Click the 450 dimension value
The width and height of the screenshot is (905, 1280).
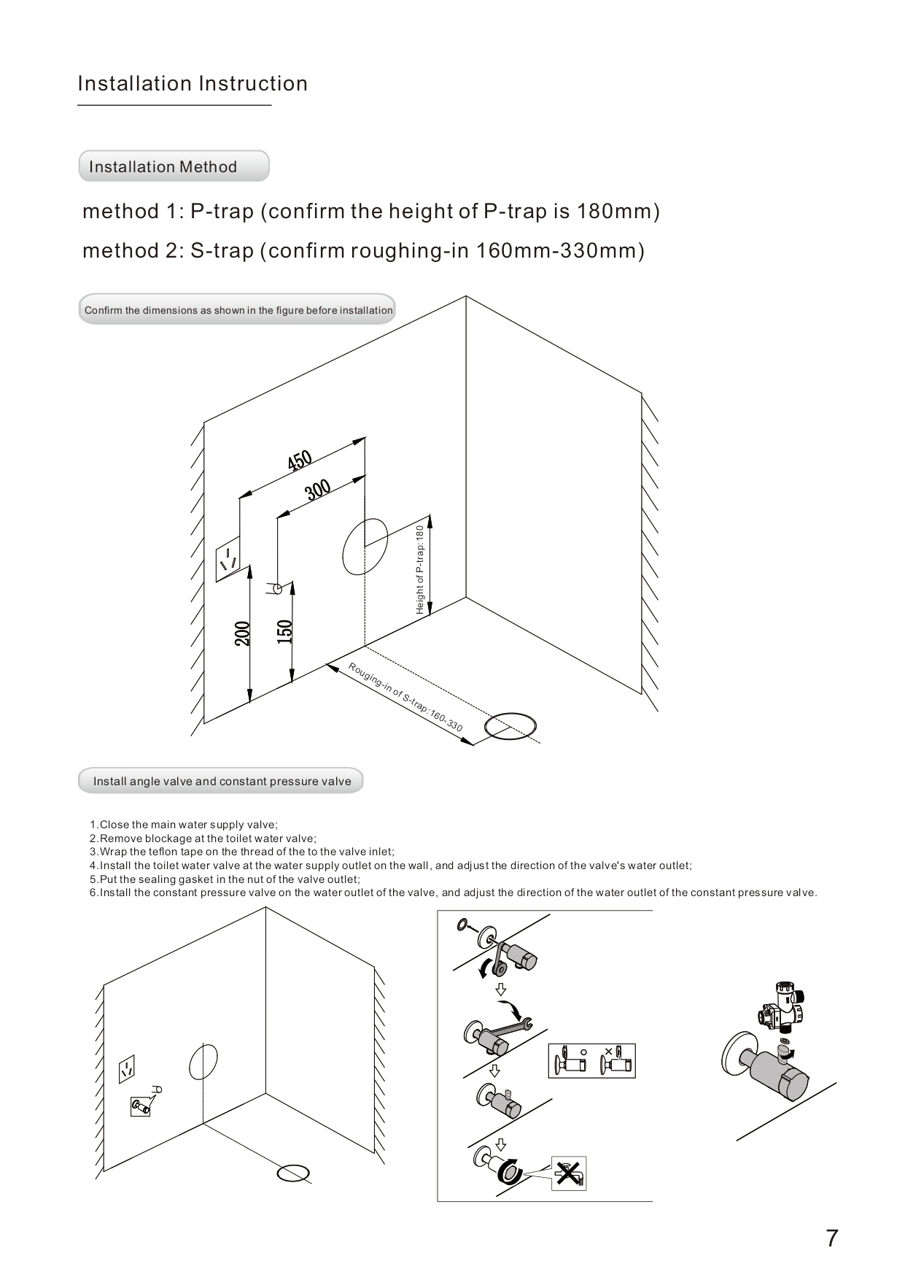click(300, 461)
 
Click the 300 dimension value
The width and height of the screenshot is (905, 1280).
click(319, 489)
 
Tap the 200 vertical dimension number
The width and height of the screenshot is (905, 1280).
click(243, 633)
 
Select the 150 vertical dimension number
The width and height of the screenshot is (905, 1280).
click(284, 631)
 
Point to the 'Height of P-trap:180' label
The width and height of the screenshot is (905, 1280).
click(420, 569)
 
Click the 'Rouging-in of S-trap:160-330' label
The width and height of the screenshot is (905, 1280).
click(405, 697)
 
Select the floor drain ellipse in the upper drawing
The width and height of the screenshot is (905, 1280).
click(510, 727)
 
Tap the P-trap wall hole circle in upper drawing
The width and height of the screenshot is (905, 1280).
click(365, 546)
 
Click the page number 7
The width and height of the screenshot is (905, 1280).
click(831, 1238)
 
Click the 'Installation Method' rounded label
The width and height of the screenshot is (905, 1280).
click(174, 166)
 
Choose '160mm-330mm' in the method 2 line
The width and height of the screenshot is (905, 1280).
click(560, 251)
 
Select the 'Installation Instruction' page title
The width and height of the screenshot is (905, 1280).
click(193, 84)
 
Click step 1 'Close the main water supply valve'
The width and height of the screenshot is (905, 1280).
click(184, 825)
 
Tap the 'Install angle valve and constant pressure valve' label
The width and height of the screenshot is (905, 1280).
click(221, 781)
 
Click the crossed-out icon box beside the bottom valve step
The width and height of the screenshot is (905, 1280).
click(569, 1173)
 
